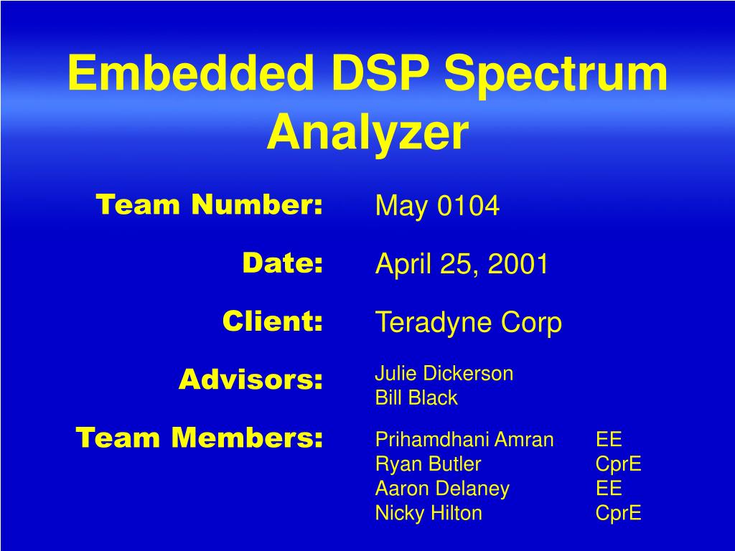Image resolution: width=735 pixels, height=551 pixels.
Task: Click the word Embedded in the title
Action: [191, 74]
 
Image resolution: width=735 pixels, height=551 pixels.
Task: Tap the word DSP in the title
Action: [378, 74]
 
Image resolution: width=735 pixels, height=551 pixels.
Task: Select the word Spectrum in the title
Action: [556, 74]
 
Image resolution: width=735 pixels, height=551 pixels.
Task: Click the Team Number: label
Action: [210, 205]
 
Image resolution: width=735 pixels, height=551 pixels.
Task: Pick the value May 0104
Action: [437, 207]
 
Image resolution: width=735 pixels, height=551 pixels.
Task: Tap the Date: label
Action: [282, 263]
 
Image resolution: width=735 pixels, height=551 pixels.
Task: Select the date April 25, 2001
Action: [462, 265]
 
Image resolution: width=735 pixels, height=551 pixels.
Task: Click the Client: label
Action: [272, 321]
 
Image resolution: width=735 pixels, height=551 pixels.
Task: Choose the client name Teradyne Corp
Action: [469, 323]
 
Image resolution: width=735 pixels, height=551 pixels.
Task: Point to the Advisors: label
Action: [251, 379]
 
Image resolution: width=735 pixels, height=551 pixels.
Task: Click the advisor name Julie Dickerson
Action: [444, 373]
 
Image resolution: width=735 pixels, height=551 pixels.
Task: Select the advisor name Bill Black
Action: [416, 397]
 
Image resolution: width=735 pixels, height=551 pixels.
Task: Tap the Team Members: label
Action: [200, 437]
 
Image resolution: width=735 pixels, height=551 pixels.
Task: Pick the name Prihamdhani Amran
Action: [464, 440]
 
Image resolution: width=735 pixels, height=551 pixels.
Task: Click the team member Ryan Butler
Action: [428, 464]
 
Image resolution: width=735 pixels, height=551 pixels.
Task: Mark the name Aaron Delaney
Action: [442, 489]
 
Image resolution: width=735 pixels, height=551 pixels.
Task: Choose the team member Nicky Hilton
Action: [429, 513]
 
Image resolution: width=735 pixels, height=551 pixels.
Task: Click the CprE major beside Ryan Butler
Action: [618, 464]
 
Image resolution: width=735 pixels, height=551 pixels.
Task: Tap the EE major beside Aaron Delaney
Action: [609, 489]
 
